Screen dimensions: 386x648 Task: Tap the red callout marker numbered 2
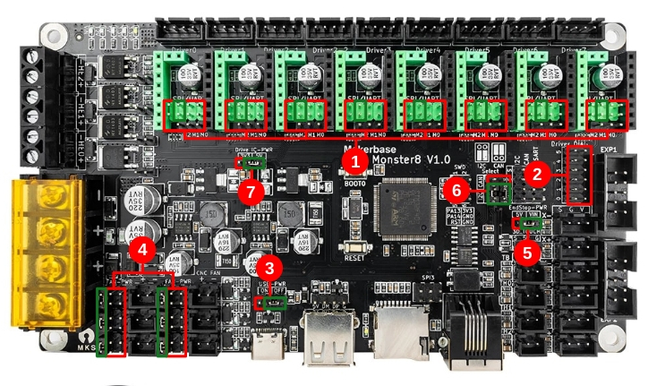(537, 174)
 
